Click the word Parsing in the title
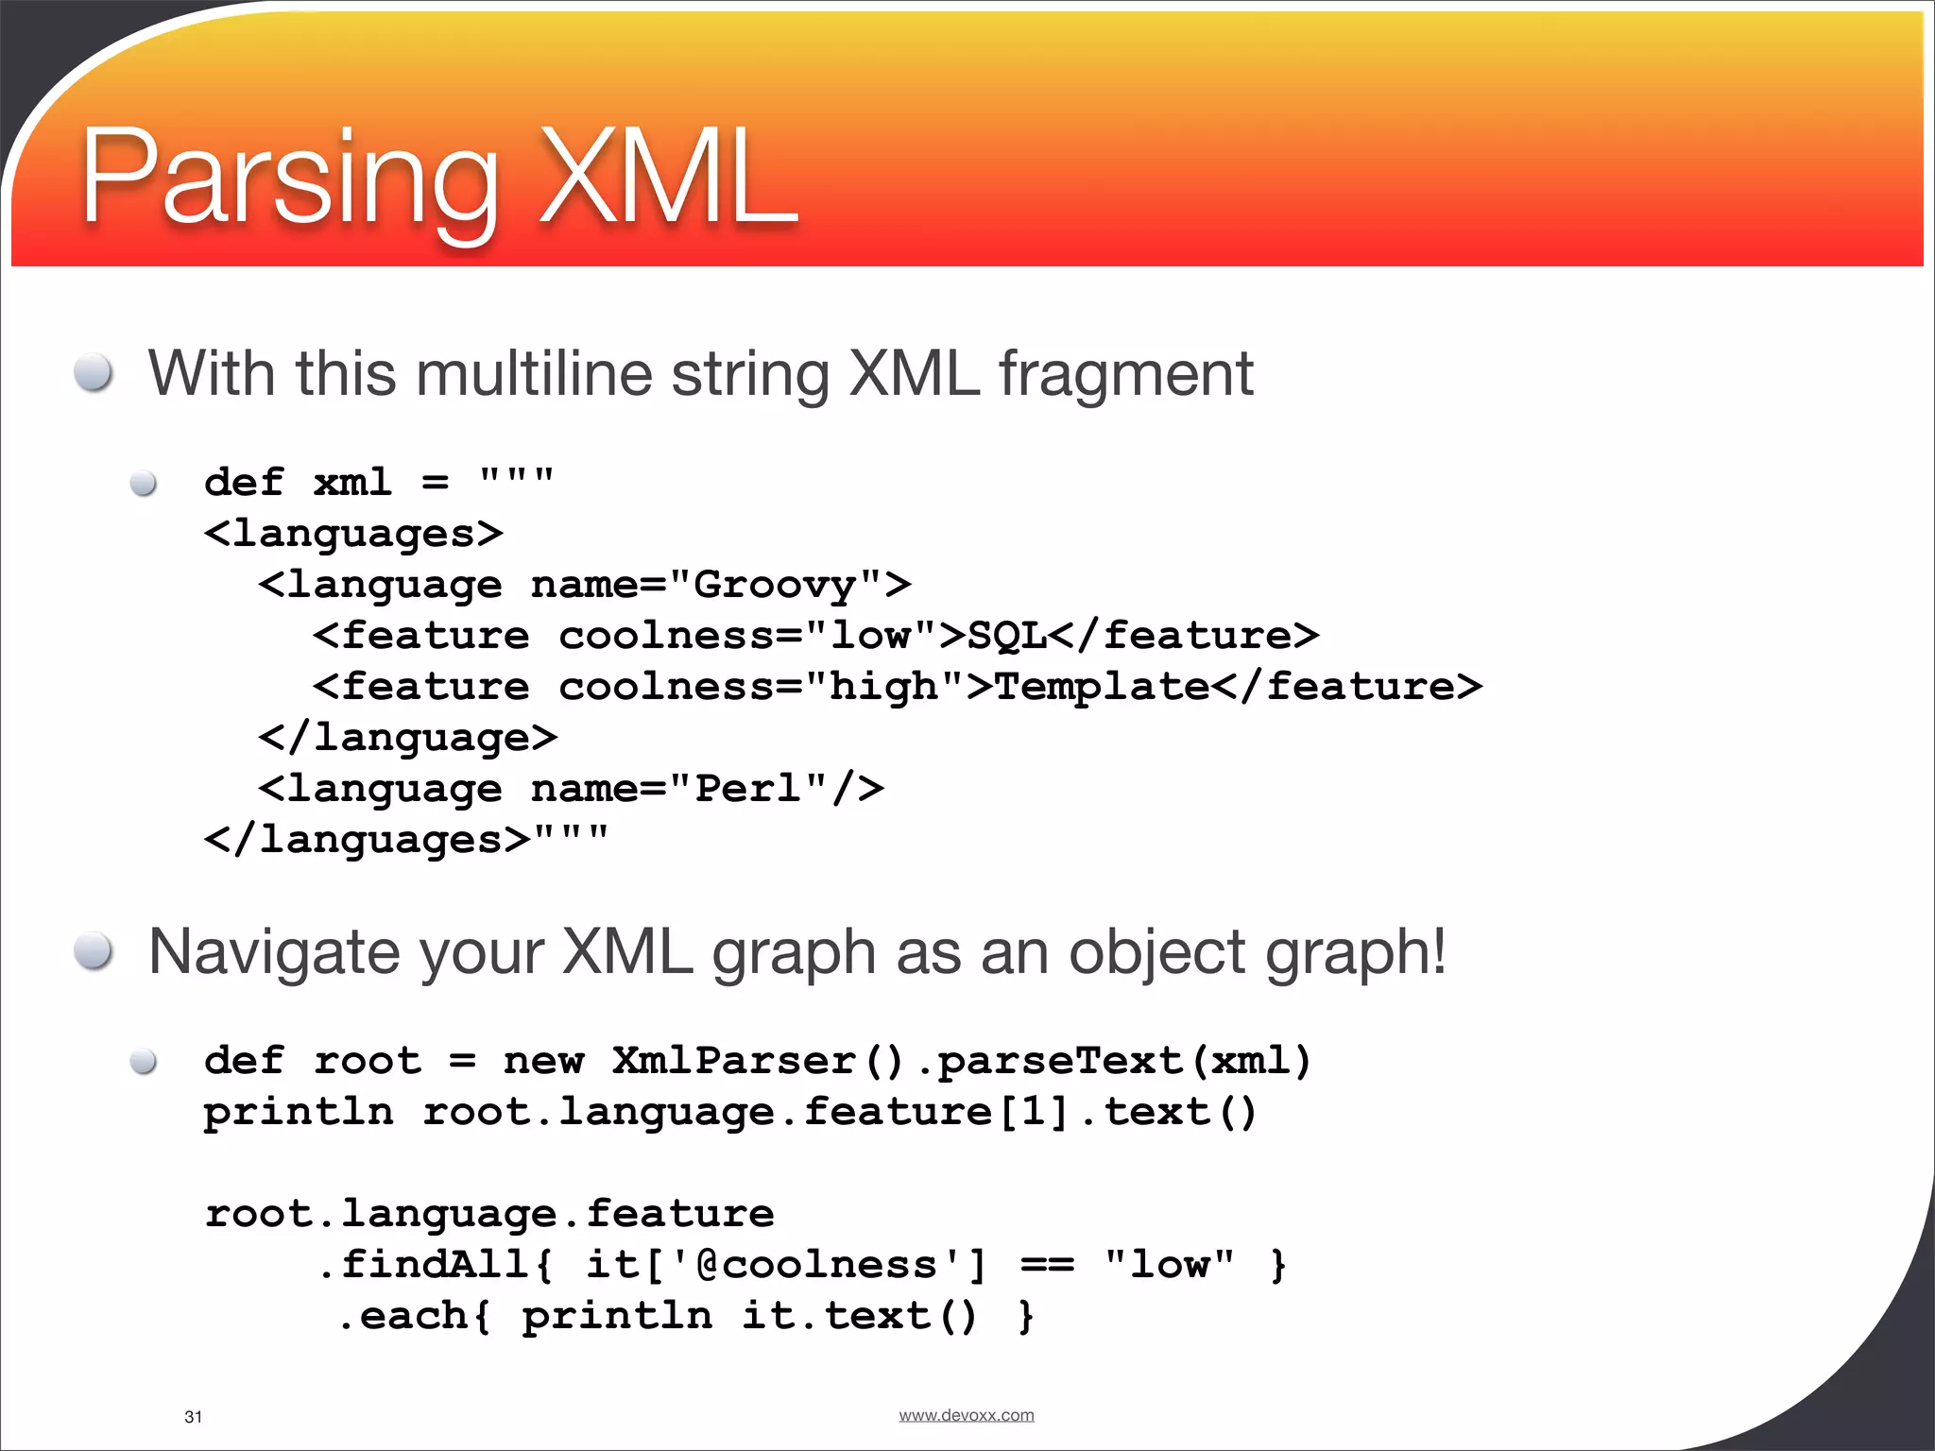tap(288, 179)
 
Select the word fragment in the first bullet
tap(1126, 375)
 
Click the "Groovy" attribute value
tap(775, 585)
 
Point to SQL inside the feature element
tap(1007, 636)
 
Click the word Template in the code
tap(1102, 687)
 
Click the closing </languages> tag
tap(368, 840)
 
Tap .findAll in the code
tap(425, 1265)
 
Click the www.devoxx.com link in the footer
tap(966, 1415)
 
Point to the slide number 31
tap(193, 1417)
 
